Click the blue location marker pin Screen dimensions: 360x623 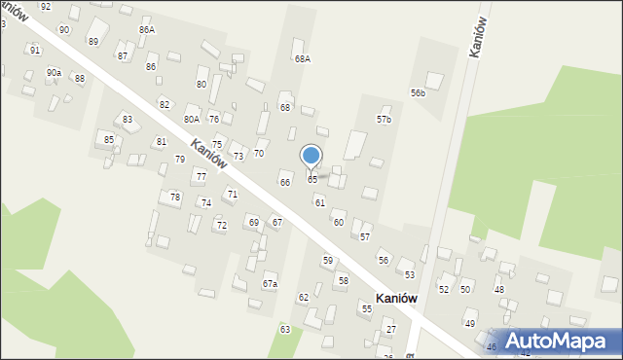(x=311, y=157)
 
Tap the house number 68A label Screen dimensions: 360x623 (x=303, y=59)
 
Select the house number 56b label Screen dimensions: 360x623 (x=418, y=93)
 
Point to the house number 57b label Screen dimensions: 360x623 (x=384, y=120)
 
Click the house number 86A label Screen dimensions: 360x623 (x=147, y=30)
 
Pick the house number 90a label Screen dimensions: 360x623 (x=54, y=73)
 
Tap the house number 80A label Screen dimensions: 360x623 (x=192, y=120)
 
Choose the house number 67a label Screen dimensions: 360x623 (x=270, y=284)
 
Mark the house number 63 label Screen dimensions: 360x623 (x=285, y=330)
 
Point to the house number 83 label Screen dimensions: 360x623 (x=128, y=120)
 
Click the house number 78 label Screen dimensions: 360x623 (x=175, y=198)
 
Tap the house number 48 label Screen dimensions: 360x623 (x=498, y=290)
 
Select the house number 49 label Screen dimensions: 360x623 (x=469, y=323)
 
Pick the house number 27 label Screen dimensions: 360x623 (x=390, y=330)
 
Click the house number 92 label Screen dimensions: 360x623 (x=46, y=7)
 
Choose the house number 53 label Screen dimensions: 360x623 (x=410, y=275)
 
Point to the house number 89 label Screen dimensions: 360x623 (x=93, y=42)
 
